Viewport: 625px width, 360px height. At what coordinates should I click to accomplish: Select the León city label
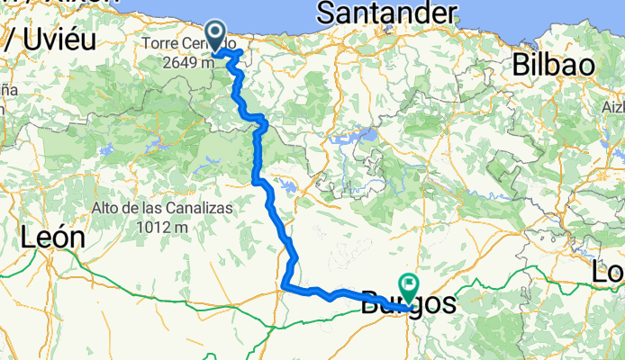coord(52,238)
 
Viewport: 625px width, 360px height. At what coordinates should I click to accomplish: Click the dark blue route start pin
coord(217,37)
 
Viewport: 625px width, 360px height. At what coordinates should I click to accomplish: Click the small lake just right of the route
coord(287,188)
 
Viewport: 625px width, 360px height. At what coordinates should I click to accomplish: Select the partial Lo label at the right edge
coord(609,271)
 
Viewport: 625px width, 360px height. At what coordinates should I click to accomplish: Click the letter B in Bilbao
coord(521,66)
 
